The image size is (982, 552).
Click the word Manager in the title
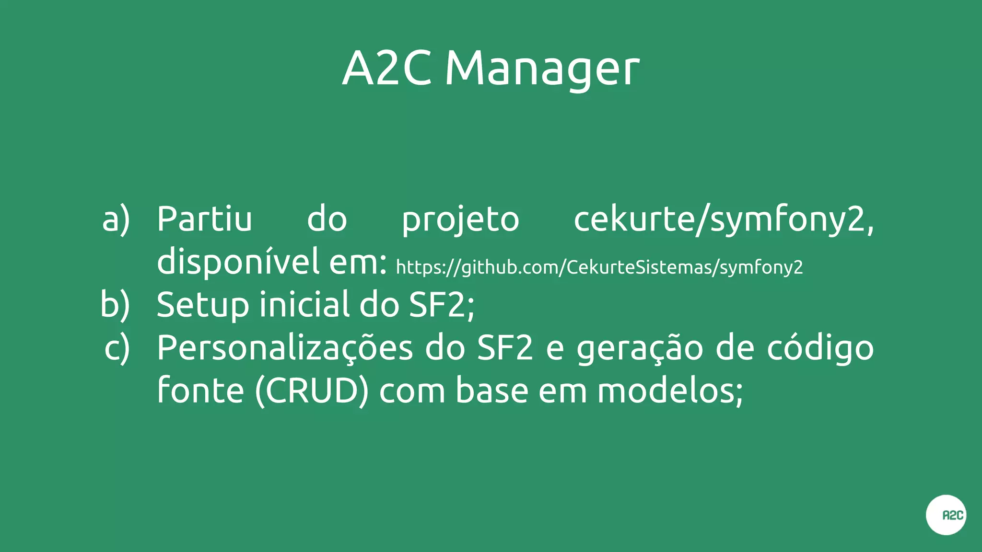coord(542,69)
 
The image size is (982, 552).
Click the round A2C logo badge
coord(946,515)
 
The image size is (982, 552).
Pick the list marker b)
coord(115,305)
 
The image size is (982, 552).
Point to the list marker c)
coord(117,348)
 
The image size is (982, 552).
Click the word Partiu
coord(204,219)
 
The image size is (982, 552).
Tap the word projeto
coord(460,220)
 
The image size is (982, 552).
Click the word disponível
coord(238,262)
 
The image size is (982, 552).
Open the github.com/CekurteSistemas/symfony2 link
coord(599,267)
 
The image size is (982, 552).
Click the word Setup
coord(203,305)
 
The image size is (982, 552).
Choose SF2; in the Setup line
coord(442,305)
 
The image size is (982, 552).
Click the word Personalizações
coord(285,348)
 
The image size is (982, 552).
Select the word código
coord(820,348)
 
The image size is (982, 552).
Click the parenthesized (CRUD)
coord(312,391)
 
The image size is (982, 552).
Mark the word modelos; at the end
coord(670,391)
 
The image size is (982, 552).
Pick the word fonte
coord(200,391)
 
